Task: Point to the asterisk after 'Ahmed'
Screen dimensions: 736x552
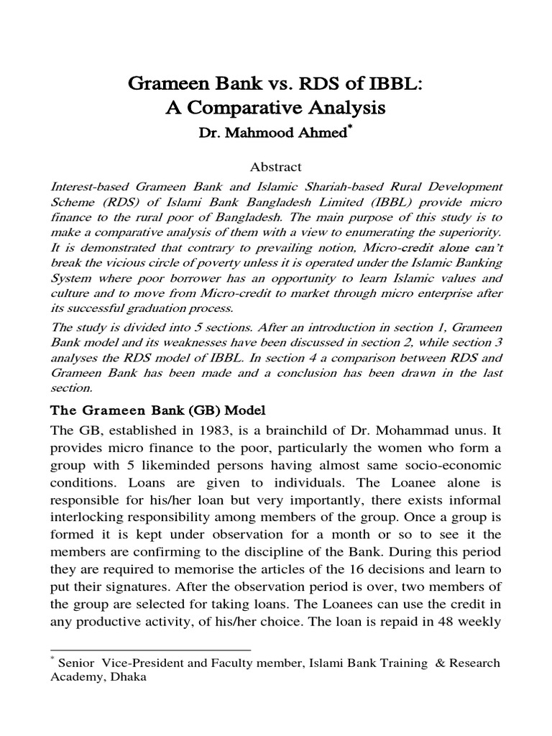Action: tap(331, 129)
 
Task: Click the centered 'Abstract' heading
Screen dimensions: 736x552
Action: tap(275, 167)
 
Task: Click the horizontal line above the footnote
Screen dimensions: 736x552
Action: tap(150, 650)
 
